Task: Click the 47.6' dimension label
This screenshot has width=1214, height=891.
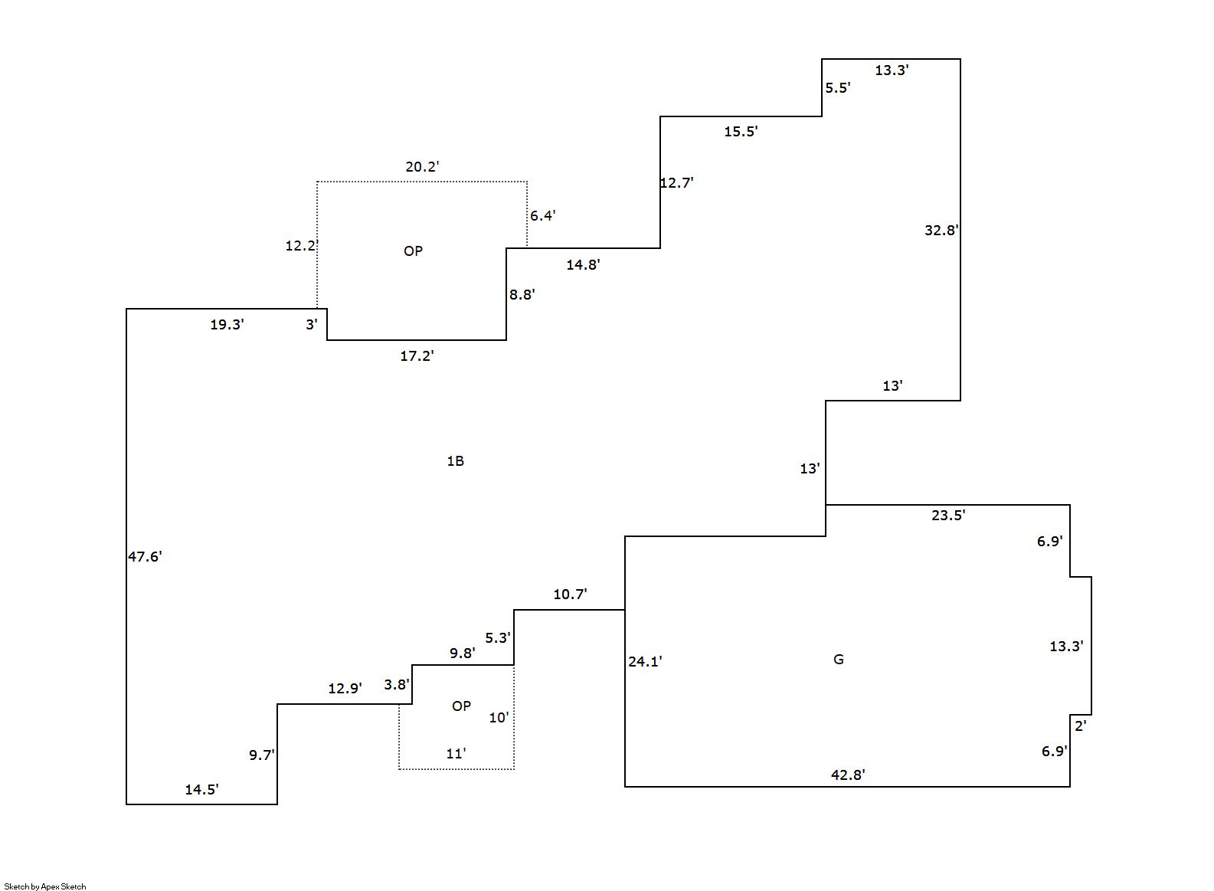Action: click(145, 557)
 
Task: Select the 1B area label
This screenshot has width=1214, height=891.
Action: click(455, 460)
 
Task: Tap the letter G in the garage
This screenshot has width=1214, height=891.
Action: click(838, 660)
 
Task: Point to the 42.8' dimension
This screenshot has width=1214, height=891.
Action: click(848, 775)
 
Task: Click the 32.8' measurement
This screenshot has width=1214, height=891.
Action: click(941, 230)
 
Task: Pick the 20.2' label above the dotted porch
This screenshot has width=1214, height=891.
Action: click(422, 166)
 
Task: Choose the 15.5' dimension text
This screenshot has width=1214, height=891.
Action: click(741, 132)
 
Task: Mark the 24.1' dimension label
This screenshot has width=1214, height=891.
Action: click(645, 661)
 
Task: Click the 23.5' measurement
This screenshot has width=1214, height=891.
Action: click(948, 516)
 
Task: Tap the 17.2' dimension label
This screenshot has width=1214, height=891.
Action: click(417, 355)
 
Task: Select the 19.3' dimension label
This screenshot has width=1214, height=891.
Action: click(227, 325)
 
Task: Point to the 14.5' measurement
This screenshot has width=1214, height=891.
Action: click(201, 790)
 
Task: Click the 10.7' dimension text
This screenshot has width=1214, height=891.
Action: click(570, 595)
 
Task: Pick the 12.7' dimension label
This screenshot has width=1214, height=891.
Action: click(676, 183)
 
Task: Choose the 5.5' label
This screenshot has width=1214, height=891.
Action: click(837, 88)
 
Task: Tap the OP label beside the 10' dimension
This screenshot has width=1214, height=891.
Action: click(461, 706)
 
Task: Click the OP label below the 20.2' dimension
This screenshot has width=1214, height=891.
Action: click(413, 251)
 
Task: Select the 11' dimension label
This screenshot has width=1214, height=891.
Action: click(456, 754)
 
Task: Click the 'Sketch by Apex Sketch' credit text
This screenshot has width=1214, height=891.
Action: click(45, 886)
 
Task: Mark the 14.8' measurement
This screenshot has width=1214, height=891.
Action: click(583, 265)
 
